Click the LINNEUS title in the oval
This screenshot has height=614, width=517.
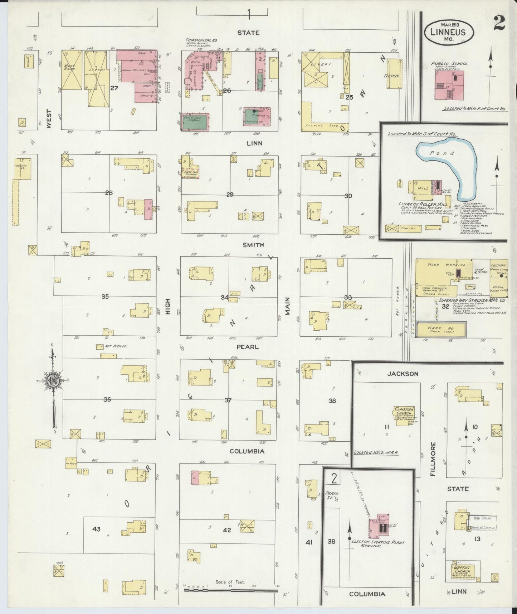point(449,32)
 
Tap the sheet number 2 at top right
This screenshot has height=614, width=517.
point(498,24)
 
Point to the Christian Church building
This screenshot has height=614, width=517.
point(404,416)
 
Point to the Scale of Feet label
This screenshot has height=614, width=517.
point(230,582)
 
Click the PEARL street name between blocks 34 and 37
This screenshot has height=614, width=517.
point(247,347)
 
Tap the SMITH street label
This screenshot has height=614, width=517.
point(253,245)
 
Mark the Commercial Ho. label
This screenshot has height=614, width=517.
point(201,40)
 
